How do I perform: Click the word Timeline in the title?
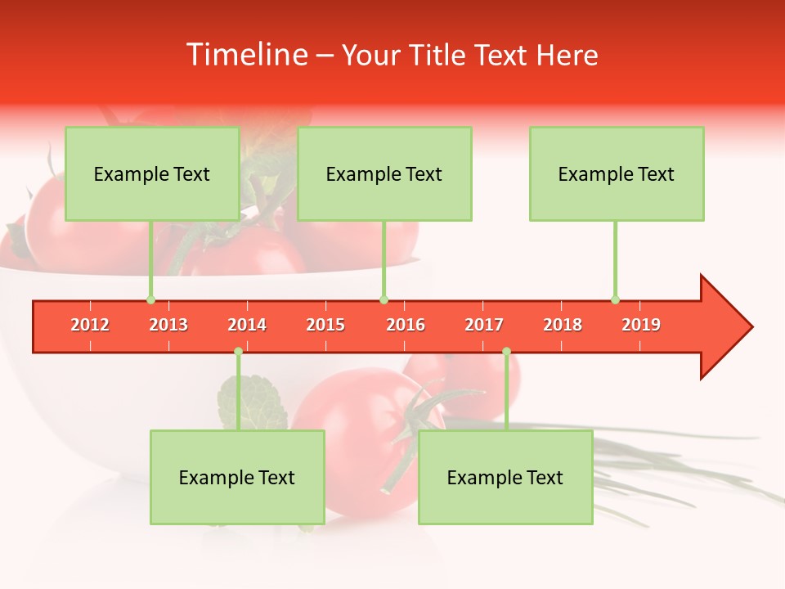pos(245,55)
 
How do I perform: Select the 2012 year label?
pos(90,325)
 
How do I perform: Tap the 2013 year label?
pos(168,325)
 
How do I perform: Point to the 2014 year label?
pos(247,325)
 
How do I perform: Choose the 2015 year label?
pos(325,325)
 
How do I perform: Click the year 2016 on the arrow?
pos(406,325)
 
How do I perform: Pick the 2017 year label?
pos(484,325)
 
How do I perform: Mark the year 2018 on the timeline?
pos(563,325)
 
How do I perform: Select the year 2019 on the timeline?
pos(641,325)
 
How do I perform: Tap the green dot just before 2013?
pos(150,299)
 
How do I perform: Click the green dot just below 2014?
pos(238,352)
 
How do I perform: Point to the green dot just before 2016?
pos(384,299)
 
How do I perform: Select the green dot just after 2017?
pos(506,352)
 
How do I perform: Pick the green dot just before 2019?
pos(615,299)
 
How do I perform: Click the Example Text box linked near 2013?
pos(152,174)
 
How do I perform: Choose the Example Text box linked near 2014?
pos(237,478)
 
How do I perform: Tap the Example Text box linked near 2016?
pos(384,174)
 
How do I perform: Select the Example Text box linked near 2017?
pos(505,478)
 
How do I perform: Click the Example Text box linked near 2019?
pos(617,174)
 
